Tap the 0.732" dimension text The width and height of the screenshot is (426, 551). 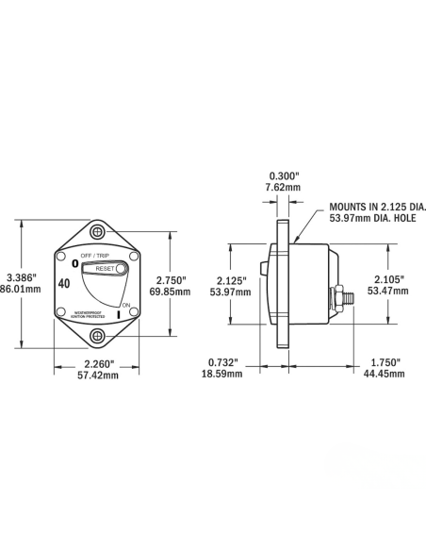223,362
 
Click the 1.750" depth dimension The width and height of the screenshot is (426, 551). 385,362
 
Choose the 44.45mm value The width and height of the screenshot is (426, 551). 385,375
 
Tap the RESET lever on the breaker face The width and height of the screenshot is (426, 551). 105,269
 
